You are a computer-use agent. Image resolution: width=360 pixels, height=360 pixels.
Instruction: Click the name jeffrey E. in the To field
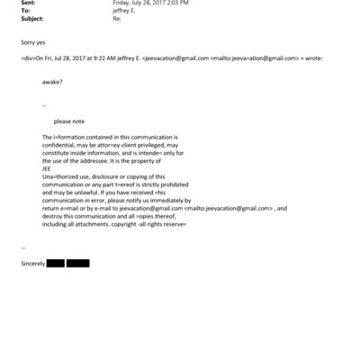pos(123,10)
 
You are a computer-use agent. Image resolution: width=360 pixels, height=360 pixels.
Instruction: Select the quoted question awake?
pos(52,81)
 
